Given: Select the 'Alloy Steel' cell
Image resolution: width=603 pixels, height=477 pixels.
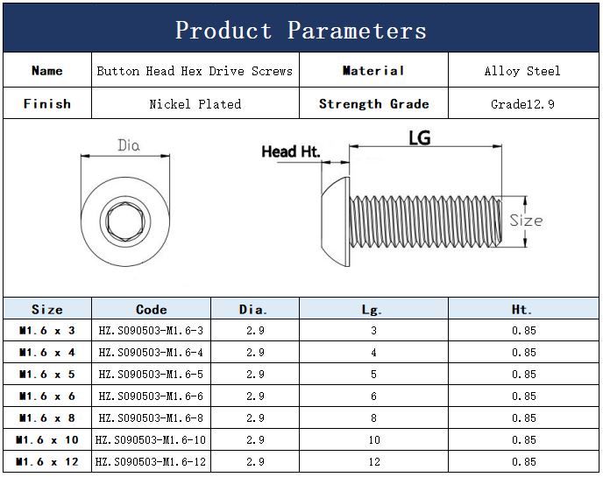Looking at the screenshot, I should (521, 71).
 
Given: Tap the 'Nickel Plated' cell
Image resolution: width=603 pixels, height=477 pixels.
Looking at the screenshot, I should (195, 103).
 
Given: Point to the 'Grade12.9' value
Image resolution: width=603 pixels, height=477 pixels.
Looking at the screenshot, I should (521, 103).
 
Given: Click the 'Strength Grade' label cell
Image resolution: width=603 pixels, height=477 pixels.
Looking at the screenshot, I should (373, 103).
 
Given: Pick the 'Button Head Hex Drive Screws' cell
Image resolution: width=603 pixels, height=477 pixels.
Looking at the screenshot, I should (195, 71).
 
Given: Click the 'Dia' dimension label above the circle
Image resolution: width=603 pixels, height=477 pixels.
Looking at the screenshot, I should (129, 145).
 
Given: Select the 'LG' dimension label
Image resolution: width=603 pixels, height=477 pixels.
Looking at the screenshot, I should (420, 137).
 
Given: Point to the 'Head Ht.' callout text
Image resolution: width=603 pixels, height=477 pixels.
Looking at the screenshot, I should (291, 152).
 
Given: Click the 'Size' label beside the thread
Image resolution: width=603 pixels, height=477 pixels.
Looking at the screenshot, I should (526, 221).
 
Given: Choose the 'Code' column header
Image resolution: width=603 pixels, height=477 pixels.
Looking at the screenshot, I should (151, 309).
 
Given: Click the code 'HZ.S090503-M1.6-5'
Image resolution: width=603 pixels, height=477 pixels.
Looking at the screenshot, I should (151, 375).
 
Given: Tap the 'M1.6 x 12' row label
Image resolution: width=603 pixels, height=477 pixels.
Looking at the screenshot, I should (47, 462).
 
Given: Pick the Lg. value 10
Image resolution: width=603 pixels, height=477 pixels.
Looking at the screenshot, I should (373, 440).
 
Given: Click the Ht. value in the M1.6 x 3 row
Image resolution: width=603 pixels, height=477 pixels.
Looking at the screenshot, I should (523, 331).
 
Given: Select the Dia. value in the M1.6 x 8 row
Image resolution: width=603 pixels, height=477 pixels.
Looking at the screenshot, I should (255, 418).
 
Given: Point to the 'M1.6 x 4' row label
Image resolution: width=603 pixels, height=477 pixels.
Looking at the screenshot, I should (47, 353).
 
